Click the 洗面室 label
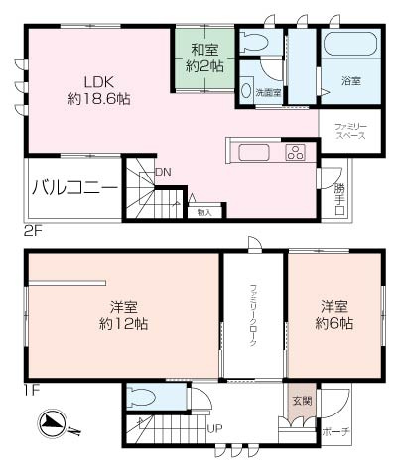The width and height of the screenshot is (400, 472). (268, 92)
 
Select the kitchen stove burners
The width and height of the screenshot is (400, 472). (296, 152)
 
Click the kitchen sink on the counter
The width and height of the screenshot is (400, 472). (251, 152)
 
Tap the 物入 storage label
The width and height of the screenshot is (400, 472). (204, 211)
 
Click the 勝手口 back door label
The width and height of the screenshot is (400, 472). (340, 196)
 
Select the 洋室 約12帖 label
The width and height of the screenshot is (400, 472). (122, 314)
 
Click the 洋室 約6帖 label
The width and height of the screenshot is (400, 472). (335, 314)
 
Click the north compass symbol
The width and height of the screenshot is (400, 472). (53, 427)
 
